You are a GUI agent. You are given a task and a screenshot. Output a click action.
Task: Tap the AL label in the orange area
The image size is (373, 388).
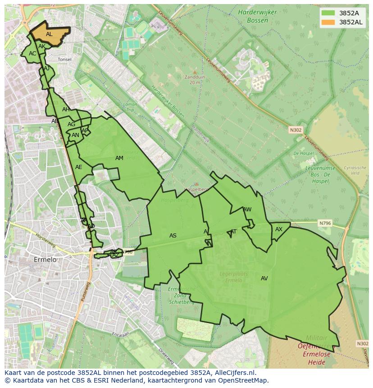[49, 34]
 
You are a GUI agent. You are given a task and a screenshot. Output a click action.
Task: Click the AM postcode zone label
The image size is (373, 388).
[119, 158]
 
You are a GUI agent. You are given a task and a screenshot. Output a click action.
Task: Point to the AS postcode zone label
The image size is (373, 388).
[173, 236]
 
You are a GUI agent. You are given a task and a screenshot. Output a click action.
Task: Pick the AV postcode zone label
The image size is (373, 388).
[264, 278]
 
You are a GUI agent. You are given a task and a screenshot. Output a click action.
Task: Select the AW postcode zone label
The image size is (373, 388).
[247, 210]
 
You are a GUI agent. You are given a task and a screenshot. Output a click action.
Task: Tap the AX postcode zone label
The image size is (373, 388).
[279, 229]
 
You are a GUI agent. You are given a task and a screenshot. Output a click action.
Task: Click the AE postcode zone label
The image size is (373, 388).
[79, 167]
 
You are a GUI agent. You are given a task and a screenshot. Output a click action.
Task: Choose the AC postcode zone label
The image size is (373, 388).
[32, 54]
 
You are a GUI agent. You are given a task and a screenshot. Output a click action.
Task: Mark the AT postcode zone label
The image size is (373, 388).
[233, 232]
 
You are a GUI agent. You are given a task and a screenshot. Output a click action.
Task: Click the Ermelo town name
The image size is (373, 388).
[45, 260]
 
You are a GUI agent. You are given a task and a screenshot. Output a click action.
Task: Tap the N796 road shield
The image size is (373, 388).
[325, 223]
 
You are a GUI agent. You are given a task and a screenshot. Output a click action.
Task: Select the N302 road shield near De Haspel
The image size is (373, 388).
[296, 130]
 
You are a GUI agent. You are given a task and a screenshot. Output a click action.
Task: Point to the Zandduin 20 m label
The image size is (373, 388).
[195, 80]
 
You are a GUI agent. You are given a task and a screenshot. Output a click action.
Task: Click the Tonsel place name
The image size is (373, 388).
[64, 59]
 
